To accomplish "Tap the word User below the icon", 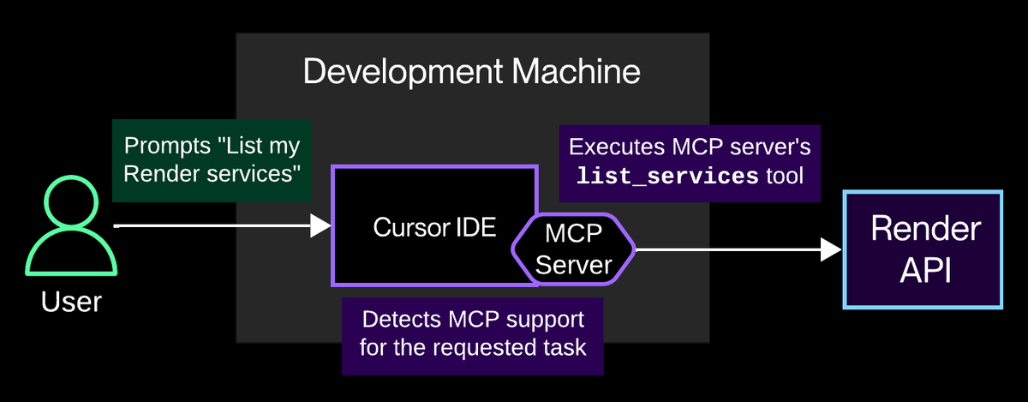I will (71, 301).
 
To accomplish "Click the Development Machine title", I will (472, 72).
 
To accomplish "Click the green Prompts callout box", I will (212, 159).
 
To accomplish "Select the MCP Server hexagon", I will (572, 249).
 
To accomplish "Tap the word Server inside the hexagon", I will (572, 264).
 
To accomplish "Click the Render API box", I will (923, 249).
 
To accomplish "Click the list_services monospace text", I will (666, 177).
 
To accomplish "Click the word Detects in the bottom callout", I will (399, 320).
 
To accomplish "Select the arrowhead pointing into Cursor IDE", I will (321, 225).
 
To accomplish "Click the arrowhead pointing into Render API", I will (831, 249).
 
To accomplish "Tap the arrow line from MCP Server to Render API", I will (728, 249).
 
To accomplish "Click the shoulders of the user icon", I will (71, 257).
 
